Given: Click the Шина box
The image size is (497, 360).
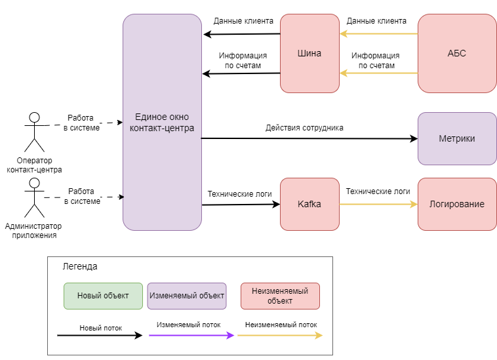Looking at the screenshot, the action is pos(309,53).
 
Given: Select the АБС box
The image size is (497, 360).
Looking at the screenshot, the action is pos(457,53).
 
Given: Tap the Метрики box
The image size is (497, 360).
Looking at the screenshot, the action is pos(457,138).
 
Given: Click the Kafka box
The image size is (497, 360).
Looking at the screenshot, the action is pos(309,204).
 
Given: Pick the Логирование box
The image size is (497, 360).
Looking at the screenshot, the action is pos(457,204).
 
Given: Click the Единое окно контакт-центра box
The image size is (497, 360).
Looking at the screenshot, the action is pos(163,122).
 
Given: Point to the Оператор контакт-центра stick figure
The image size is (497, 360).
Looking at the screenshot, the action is pos(35,132).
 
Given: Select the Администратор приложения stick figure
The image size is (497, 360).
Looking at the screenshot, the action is pos(35,197).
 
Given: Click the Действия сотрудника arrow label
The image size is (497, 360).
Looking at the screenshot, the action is pos(304,128).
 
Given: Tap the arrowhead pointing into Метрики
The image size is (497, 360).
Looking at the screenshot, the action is pos(414,138).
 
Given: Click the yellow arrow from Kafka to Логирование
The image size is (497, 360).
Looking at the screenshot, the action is pos(378,204).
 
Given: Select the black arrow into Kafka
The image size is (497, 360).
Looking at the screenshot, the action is pos(241,205).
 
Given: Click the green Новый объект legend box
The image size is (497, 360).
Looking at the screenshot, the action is pos(104,296).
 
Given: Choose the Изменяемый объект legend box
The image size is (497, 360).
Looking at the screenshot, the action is pos(187,296).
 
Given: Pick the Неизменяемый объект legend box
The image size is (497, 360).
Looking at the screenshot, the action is pos(280,296).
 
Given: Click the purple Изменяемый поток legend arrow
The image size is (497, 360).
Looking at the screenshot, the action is pos(191,335).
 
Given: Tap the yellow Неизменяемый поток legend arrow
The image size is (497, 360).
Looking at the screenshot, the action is pos(280,335).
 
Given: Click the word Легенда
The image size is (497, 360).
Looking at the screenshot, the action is pos(80,266).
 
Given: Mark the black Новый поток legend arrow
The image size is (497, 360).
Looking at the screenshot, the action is pos(100,335).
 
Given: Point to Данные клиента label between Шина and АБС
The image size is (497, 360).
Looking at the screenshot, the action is pos(376,21).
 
